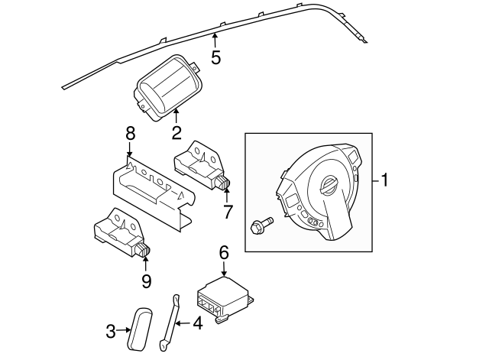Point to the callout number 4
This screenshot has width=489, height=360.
(x=197, y=323)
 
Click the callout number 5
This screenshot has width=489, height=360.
(x=216, y=57)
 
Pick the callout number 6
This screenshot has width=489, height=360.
(x=224, y=251)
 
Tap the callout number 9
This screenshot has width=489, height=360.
(x=147, y=280)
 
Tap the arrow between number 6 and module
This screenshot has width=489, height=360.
(x=224, y=269)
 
